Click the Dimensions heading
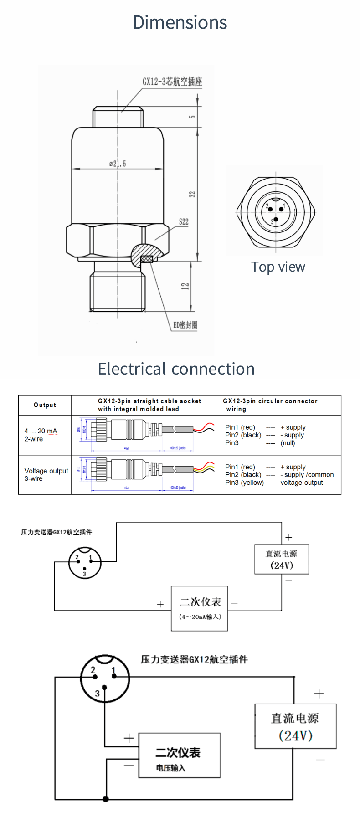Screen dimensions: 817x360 tap(180, 22)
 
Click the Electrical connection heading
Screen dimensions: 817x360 tap(176, 369)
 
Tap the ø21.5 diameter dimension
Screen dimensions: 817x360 tap(118, 164)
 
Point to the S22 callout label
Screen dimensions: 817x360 tap(183, 222)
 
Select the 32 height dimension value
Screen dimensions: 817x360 tap(192, 194)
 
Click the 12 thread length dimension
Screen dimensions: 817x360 tap(185, 286)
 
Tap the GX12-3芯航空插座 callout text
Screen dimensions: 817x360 tap(172, 82)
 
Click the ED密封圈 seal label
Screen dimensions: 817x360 tap(185, 325)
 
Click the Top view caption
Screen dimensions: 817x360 tap(278, 267)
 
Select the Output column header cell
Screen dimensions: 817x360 tap(45, 405)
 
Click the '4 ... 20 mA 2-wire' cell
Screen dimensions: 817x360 tap(41, 435)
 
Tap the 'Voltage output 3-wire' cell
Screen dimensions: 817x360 tap(46, 474)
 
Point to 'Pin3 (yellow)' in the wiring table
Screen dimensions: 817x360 tap(244, 483)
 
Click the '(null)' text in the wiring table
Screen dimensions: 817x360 tap(288, 443)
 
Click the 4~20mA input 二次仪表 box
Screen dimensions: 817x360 tap(200, 608)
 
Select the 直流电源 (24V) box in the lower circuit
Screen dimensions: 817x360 tap(295, 726)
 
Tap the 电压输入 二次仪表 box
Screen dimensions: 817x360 tap(180, 755)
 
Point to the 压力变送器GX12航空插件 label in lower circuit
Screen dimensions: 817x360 tap(194, 659)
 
